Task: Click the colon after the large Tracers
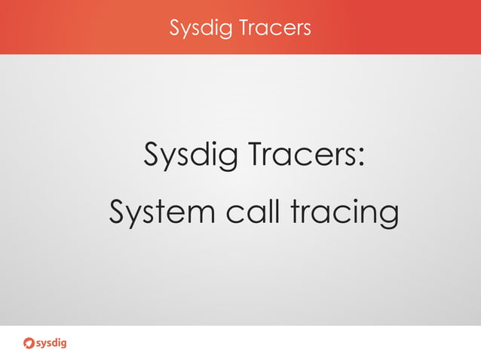[361, 160]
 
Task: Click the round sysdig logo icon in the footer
[29, 343]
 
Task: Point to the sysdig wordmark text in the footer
[53, 343]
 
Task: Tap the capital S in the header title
[175, 28]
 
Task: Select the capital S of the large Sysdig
[152, 157]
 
